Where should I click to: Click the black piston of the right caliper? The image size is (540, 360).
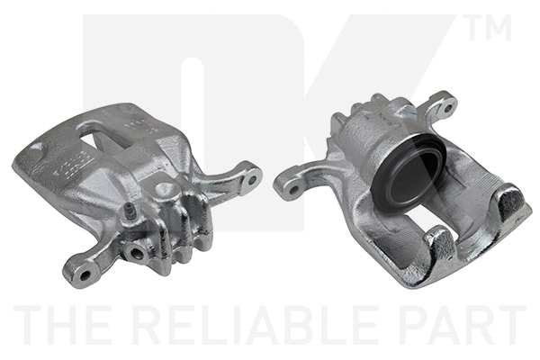click(x=407, y=175)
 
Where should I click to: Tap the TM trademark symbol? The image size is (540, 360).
click(x=490, y=28)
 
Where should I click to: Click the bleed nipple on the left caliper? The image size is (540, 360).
click(x=130, y=212)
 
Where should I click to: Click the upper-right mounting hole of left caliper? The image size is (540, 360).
click(x=251, y=177)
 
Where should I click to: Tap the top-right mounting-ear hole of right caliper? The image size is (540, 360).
click(x=443, y=107)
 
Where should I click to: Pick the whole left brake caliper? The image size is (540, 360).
click(x=135, y=189)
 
